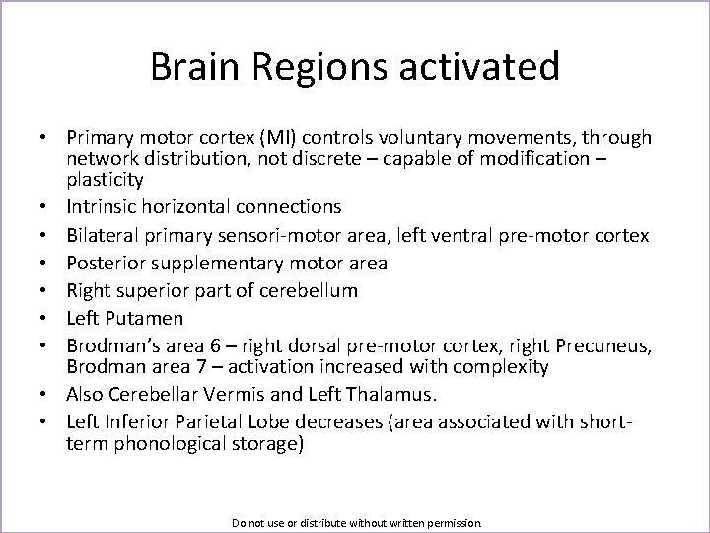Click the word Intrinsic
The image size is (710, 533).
point(102,207)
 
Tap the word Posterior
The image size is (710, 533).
point(105,263)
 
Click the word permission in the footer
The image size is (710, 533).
point(449,521)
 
